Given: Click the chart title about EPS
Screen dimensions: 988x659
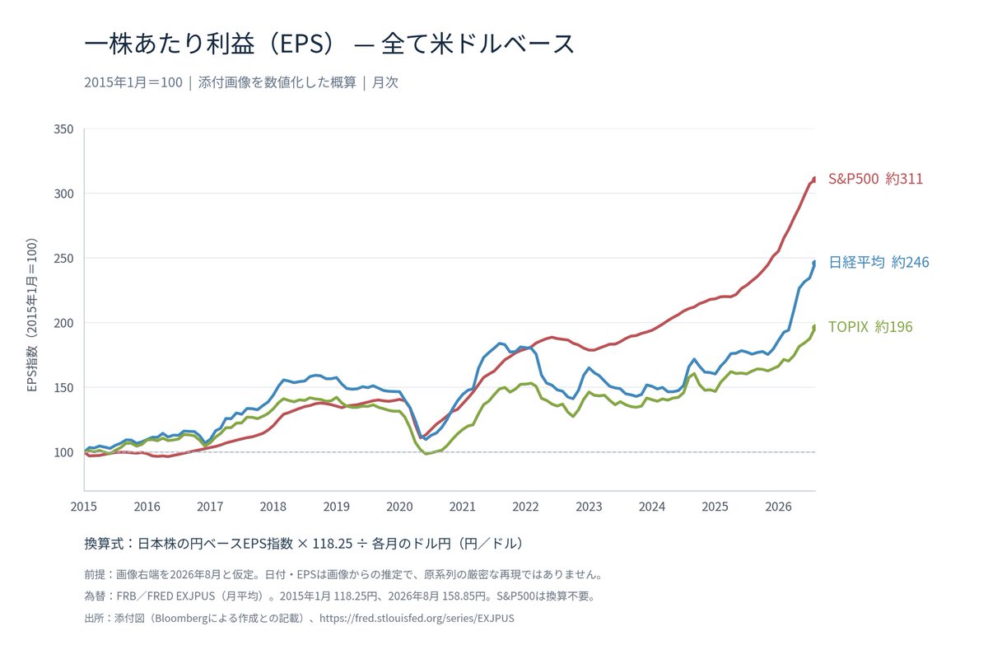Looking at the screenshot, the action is coord(329,44).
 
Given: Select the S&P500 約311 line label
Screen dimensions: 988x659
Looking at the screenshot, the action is coord(875,179).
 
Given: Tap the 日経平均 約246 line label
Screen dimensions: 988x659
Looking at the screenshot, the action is coord(878,262).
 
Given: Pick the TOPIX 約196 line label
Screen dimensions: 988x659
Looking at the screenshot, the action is coord(869,327).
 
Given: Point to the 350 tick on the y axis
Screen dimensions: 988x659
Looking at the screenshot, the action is coord(63,129).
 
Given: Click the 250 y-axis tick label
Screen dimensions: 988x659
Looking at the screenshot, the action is coord(63,258).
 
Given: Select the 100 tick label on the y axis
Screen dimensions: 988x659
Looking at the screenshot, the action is coord(63,452).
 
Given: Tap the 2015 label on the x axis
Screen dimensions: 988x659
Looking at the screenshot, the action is coord(84,507).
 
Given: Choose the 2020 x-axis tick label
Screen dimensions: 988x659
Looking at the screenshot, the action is coord(399,507).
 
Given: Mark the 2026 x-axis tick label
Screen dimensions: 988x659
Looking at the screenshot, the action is coord(779,507).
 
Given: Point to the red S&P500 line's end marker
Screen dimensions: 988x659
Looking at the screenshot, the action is coord(813,180).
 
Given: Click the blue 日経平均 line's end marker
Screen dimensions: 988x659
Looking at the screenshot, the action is coord(813,263).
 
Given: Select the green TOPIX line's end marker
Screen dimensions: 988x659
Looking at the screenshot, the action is coord(813,328).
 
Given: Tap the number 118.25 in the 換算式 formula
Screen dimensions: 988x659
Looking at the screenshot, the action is coord(332,544).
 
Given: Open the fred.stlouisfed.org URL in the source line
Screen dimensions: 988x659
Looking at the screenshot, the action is coord(417,618).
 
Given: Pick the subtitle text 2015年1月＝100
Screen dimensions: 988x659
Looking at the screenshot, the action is coord(133,82).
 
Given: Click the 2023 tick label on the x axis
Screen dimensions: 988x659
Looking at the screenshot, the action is coord(589,507).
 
